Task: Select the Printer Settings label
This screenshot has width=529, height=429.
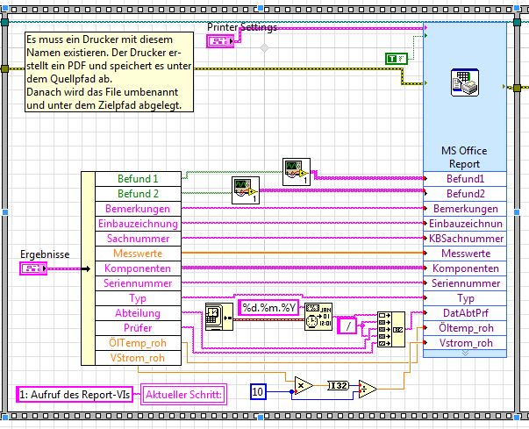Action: click(x=241, y=27)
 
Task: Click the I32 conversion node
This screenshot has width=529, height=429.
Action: click(x=338, y=384)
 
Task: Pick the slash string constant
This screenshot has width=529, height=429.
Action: click(x=347, y=326)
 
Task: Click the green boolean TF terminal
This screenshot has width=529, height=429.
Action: click(x=397, y=59)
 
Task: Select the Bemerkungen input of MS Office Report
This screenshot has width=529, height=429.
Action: click(x=466, y=209)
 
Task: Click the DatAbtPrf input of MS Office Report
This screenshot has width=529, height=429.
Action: click(x=466, y=313)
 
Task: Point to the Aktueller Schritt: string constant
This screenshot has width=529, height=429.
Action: click(x=184, y=394)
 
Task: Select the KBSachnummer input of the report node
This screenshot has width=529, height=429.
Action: click(x=466, y=239)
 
